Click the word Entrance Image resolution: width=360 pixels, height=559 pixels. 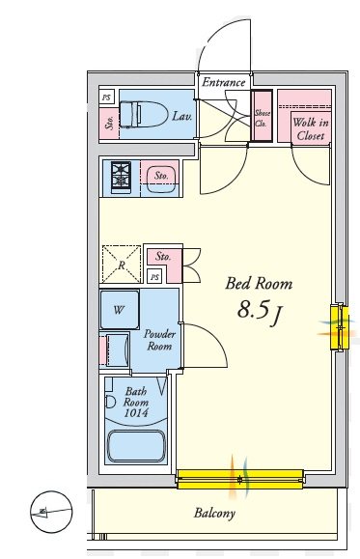223,83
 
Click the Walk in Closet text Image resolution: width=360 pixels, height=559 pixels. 309,128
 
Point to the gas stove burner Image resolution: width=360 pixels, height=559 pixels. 122,176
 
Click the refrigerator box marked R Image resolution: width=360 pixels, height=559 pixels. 122,263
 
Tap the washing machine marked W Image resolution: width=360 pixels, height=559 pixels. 120,311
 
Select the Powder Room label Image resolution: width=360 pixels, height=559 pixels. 159,339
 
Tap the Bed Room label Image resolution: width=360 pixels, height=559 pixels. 258,283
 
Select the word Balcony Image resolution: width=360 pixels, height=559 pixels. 214,514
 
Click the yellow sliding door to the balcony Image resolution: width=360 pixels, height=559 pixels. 240,476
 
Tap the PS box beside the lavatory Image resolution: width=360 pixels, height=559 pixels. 106,98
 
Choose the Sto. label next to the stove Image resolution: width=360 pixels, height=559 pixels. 161,176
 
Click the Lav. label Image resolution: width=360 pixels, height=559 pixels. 181,117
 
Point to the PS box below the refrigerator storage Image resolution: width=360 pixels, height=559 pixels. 154,278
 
